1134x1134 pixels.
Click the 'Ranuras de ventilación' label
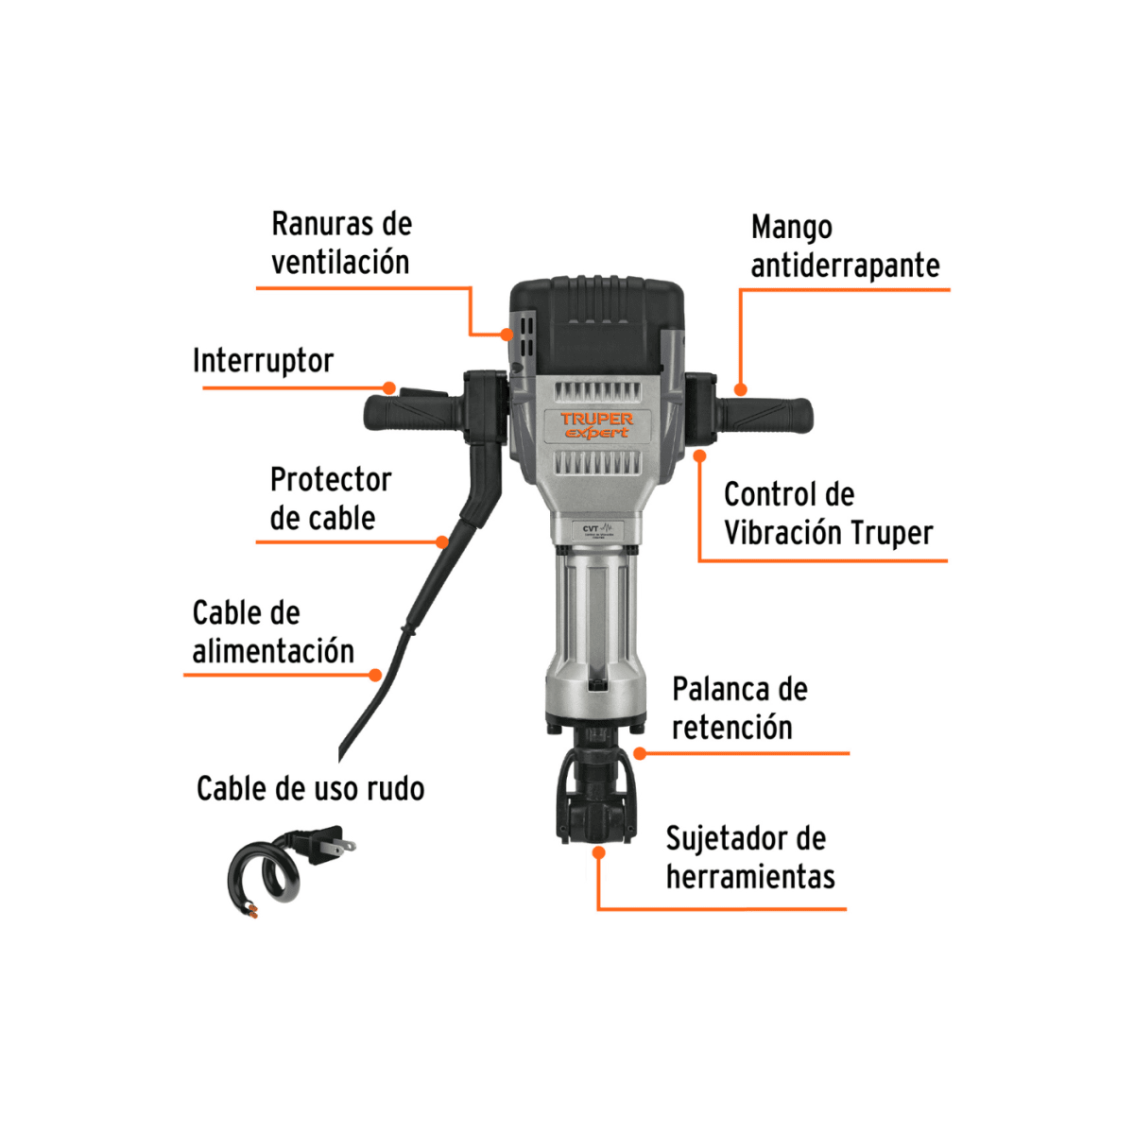(341, 243)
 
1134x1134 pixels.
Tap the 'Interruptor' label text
(263, 360)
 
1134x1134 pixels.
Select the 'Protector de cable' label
(330, 498)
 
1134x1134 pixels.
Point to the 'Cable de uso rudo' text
(310, 788)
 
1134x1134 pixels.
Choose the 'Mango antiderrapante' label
(845, 246)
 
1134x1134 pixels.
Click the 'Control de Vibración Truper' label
(828, 513)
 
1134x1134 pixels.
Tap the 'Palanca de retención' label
(739, 708)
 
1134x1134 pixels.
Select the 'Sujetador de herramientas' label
(750, 857)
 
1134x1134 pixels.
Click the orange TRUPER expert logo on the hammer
(596, 425)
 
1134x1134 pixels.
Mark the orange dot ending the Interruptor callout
(389, 387)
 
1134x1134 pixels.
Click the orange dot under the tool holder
(599, 852)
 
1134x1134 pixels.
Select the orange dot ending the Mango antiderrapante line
(741, 389)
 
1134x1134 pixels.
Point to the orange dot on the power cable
(375, 675)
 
